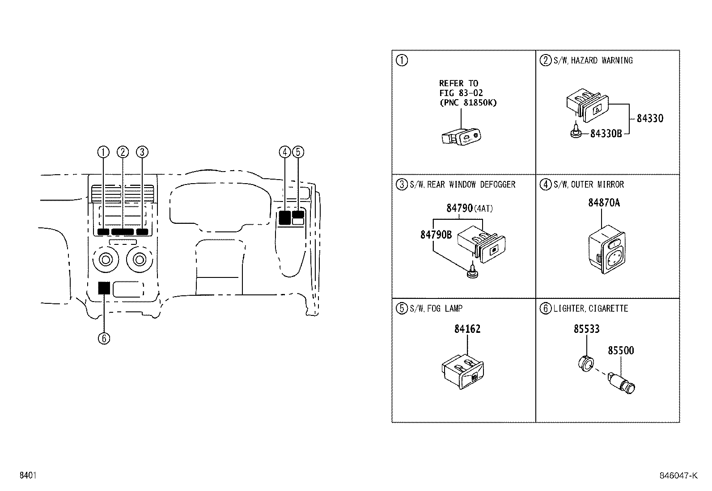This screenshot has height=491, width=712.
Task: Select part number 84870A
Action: click(x=604, y=203)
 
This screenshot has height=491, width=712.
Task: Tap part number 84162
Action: click(x=467, y=329)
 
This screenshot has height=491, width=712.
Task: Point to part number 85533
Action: click(x=586, y=329)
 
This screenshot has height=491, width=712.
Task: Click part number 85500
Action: click(x=620, y=351)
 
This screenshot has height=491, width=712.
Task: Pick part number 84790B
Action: click(x=436, y=235)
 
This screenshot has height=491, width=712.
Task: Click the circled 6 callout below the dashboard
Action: click(x=104, y=338)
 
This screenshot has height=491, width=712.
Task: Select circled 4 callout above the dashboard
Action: click(x=285, y=152)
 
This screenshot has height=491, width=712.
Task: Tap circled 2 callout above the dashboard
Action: click(x=123, y=152)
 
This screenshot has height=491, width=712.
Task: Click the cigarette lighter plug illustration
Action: click(x=622, y=382)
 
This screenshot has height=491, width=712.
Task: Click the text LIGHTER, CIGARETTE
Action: click(x=590, y=309)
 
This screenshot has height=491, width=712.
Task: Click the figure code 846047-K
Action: click(x=678, y=475)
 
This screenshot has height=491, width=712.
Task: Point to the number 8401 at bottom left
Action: click(x=28, y=475)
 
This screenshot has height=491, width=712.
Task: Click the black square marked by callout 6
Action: click(x=104, y=288)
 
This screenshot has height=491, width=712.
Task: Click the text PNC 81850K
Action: click(x=468, y=103)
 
